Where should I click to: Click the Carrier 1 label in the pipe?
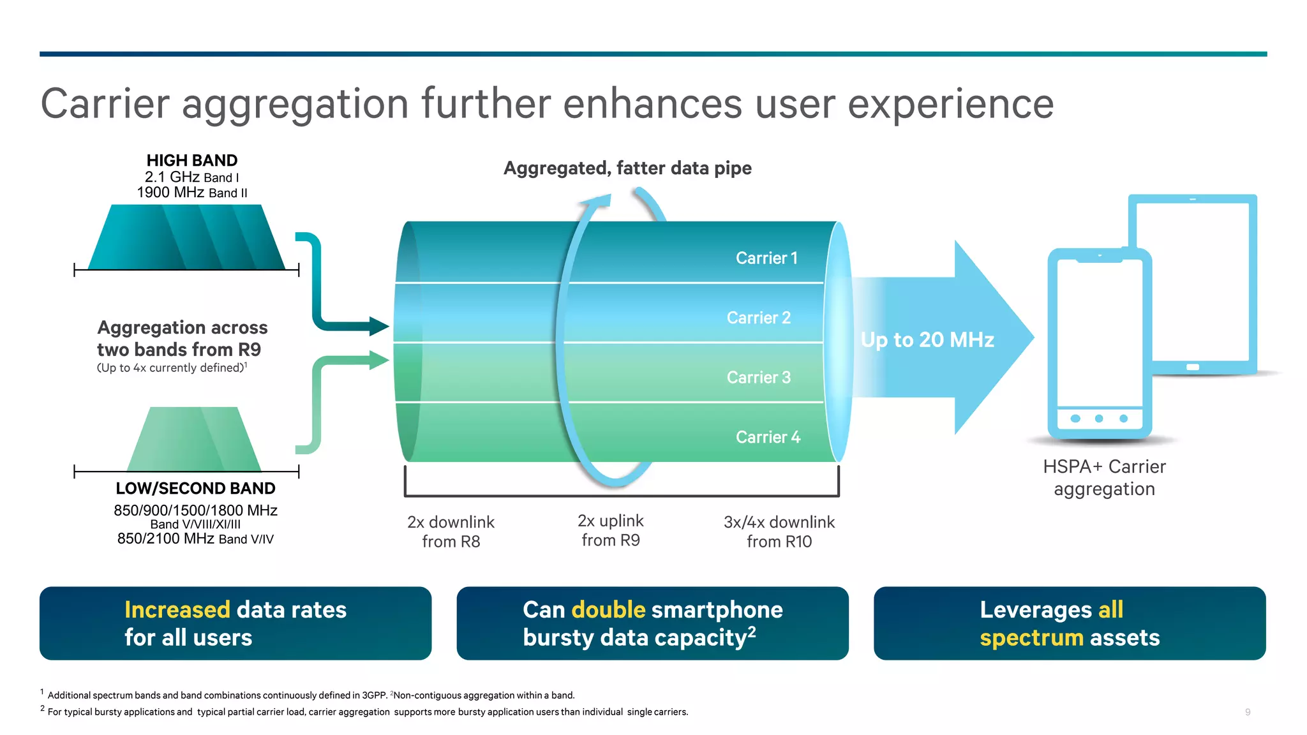766,258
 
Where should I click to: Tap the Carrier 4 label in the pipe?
768,437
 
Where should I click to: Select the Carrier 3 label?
758,377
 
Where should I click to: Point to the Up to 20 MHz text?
927,339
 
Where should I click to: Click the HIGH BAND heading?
191,160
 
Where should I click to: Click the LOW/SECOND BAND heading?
195,488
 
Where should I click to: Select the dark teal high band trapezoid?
186,238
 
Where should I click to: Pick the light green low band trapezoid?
194,440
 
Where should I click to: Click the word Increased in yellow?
177,610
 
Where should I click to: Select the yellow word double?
608,610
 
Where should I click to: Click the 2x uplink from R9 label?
610,530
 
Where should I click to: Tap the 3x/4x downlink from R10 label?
779,531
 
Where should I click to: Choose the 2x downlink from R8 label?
451,531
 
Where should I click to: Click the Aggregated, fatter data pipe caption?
627,168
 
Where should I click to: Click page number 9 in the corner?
1247,712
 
